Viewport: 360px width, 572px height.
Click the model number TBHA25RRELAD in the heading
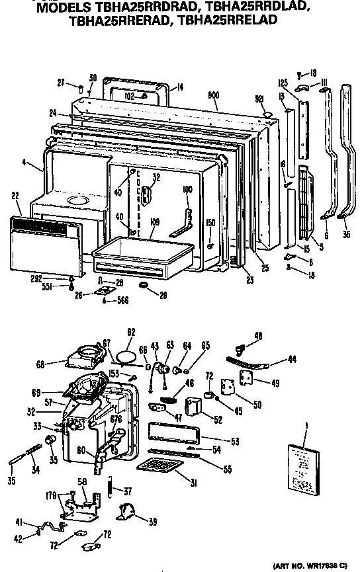pos(232,20)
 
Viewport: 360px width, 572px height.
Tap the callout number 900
pos(213,95)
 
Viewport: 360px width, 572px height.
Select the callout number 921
pos(259,99)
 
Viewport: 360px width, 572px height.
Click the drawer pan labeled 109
pos(142,254)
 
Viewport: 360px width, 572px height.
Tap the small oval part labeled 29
pos(144,285)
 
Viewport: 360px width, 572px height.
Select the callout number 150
pos(210,222)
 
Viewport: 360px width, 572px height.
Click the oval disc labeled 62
pos(124,356)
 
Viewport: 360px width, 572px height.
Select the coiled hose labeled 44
pos(248,360)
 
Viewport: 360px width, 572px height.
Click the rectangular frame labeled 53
pos(173,433)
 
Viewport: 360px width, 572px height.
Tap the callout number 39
pos(153,522)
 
